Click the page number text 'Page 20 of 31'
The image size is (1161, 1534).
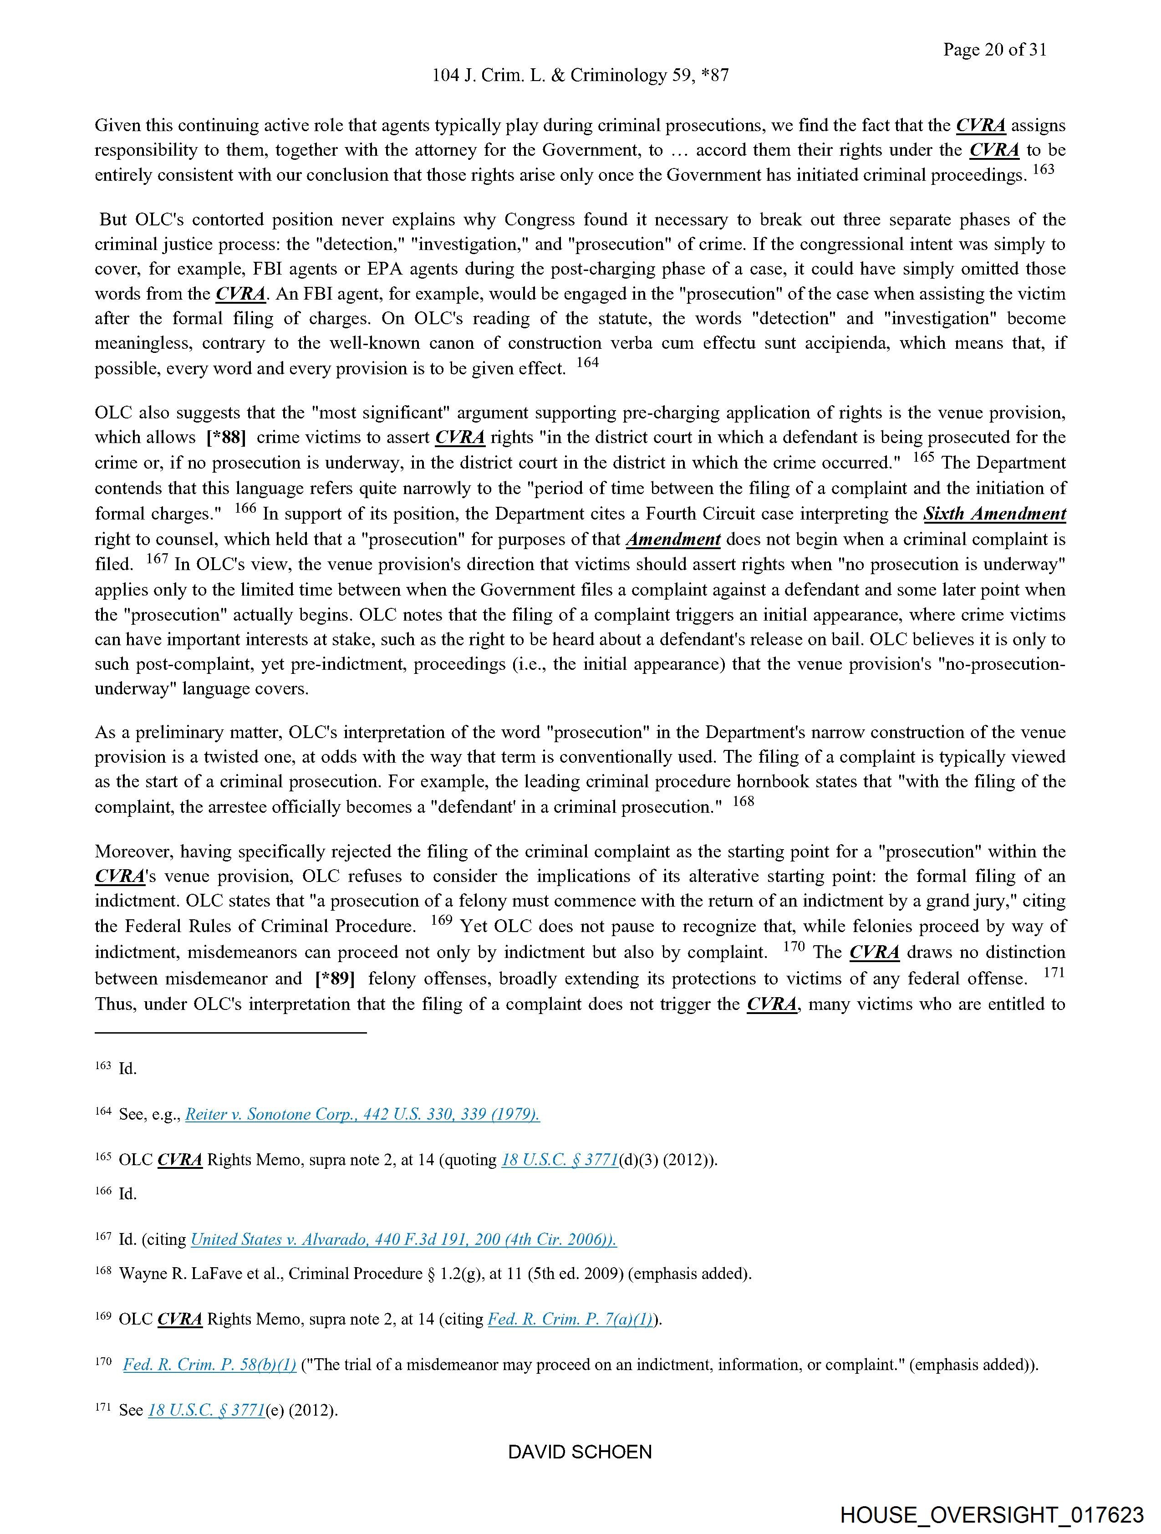click(x=994, y=50)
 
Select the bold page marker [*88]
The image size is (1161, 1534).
click(x=226, y=438)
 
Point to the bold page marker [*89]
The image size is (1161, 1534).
click(x=335, y=978)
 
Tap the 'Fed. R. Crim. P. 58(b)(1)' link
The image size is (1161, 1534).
click(x=209, y=1365)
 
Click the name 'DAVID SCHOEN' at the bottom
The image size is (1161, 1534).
click(x=580, y=1452)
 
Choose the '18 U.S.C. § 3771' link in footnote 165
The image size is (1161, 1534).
click(x=559, y=1160)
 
